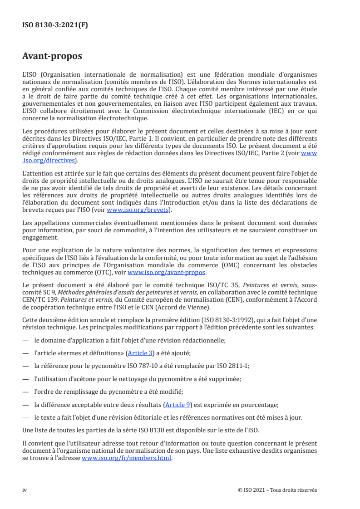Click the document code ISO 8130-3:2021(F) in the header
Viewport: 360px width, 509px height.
click(55, 25)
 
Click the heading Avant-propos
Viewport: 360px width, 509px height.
click(52, 56)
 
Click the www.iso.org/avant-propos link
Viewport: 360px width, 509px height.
click(167, 273)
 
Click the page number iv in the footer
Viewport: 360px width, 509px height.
click(25, 490)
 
